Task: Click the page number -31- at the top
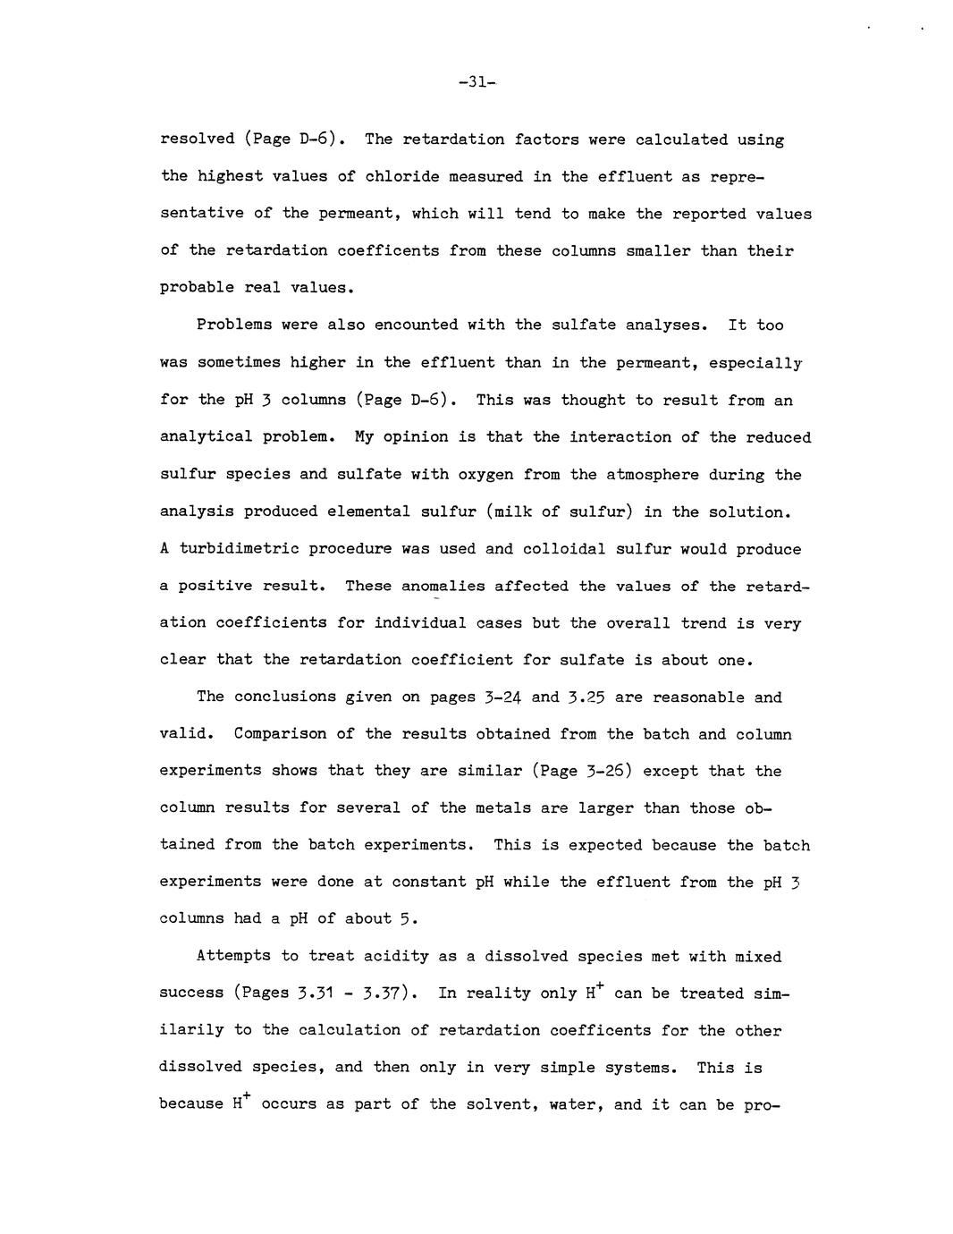(477, 82)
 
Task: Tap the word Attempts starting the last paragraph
(233, 956)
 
